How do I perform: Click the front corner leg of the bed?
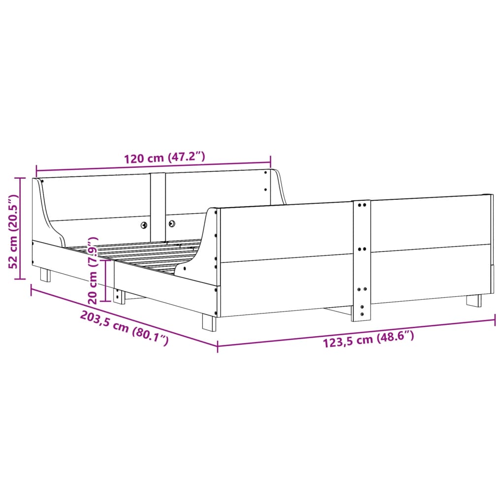[209, 322]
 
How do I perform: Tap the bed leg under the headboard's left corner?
[45, 275]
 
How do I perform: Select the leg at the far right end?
[474, 300]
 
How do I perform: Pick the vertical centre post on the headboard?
[158, 204]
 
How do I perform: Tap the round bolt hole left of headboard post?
[144, 225]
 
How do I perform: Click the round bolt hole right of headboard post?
[172, 223]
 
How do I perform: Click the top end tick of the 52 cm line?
[20, 178]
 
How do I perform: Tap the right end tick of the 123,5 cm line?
[495, 321]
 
